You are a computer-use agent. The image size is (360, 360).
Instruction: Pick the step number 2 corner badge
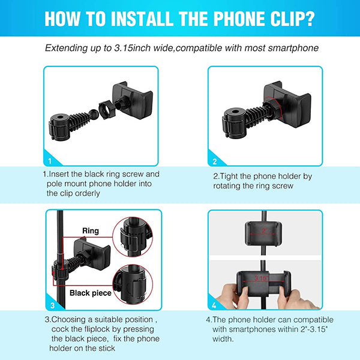coord(215,160)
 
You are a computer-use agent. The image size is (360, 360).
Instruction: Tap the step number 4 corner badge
coord(214,303)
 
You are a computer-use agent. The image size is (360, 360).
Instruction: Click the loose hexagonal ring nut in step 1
coord(106,110)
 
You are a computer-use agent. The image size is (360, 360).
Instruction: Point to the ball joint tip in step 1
coord(94,114)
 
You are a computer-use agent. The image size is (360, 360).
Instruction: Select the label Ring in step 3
coord(91,231)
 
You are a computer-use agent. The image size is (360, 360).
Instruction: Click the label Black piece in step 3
coord(91,293)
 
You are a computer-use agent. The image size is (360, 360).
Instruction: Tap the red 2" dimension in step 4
coord(264,230)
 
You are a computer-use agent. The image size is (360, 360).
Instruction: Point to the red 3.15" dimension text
coord(262,278)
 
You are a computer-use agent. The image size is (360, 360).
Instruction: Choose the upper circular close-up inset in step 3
coord(133,237)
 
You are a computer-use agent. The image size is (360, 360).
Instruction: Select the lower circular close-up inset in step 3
coord(133,284)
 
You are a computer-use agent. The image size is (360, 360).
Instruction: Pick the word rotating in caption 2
coord(227,186)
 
